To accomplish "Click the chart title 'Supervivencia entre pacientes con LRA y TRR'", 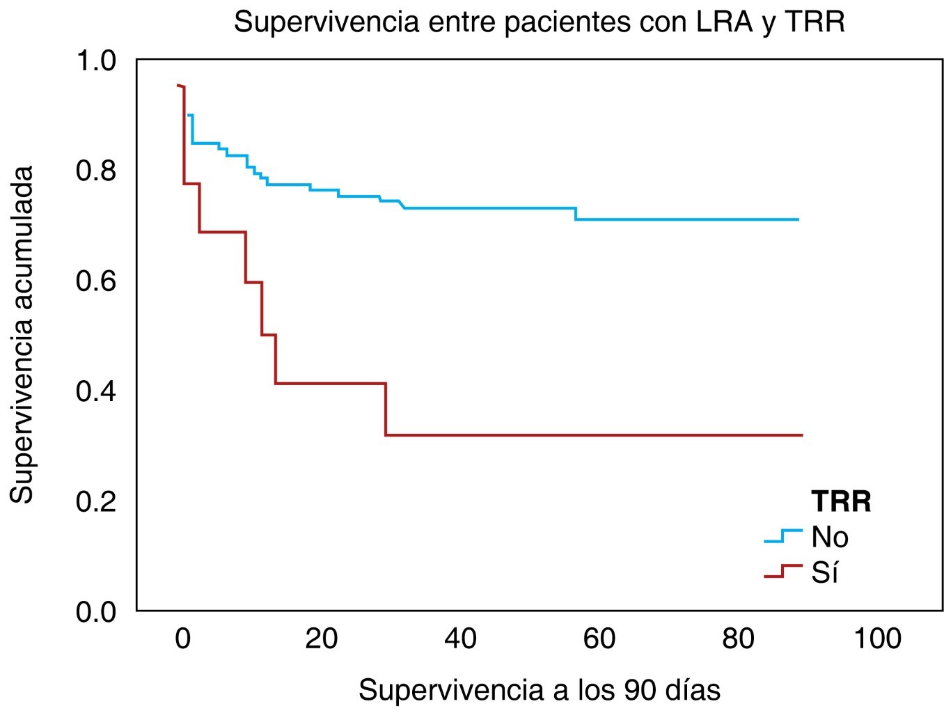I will point(539,22).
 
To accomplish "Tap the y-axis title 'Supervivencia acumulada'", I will point(22,334).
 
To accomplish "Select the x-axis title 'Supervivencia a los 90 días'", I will point(539,689).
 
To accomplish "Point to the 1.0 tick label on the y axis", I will point(96,61).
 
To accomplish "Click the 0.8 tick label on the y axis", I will point(96,171).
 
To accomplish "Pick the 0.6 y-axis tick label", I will point(96,281).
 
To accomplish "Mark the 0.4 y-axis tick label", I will point(96,391).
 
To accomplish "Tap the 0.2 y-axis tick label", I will point(96,501).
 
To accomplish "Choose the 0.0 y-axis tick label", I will point(96,612).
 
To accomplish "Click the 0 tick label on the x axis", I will point(182,638).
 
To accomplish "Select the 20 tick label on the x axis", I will point(321,638).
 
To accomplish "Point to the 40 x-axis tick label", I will point(460,638).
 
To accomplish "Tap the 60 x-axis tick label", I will point(599,638).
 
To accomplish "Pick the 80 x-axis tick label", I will point(738,638).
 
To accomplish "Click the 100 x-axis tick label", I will point(876,638).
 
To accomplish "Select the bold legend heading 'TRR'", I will point(841,501).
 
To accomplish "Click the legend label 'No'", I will point(830,538).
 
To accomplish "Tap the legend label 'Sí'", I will point(824,573).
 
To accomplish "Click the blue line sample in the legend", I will point(783,536).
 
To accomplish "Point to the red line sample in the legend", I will point(783,572).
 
